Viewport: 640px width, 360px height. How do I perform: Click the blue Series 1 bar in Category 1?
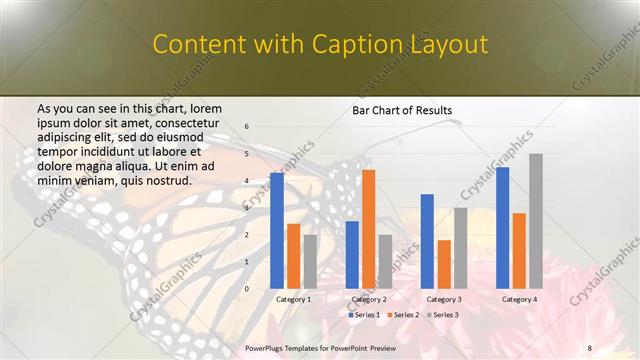277,231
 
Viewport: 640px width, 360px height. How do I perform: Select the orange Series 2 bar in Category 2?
369,229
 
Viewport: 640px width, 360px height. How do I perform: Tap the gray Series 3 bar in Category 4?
536,221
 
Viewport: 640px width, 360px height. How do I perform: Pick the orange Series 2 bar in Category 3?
444,264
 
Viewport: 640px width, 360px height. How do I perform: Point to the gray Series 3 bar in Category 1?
311,262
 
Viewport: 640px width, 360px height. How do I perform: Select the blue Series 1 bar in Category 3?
427,241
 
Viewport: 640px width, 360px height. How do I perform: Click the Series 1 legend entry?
365,315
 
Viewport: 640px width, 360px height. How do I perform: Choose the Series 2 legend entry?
403,315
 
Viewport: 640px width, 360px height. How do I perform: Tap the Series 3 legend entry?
442,315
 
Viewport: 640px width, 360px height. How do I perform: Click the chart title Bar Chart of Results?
402,110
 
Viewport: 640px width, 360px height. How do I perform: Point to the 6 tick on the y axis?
247,127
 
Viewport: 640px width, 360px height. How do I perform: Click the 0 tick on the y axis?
247,289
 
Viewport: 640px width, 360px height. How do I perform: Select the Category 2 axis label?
369,299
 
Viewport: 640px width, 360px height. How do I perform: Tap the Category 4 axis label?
519,299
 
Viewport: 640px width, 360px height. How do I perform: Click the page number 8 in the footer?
590,347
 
